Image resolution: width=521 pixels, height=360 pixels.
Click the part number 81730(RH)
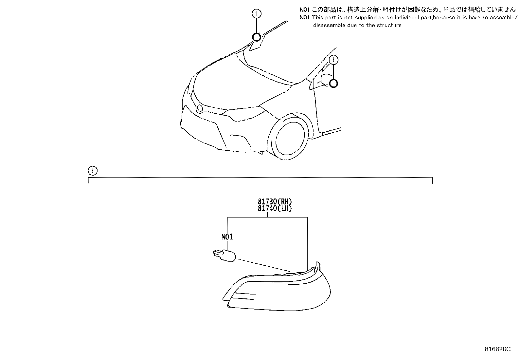click(274, 201)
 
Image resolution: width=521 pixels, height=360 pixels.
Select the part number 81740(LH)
click(274, 208)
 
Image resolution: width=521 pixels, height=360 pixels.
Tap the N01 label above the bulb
click(227, 237)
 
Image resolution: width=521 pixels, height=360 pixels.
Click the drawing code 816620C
click(497, 349)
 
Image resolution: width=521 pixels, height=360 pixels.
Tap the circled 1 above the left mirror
click(257, 13)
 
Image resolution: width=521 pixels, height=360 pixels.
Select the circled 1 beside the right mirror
click(333, 60)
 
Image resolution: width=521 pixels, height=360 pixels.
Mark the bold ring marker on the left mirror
click(257, 37)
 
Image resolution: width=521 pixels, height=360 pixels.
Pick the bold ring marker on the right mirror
click(333, 83)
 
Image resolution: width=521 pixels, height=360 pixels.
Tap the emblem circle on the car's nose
click(200, 108)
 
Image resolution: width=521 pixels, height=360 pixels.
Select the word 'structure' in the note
click(388, 25)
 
